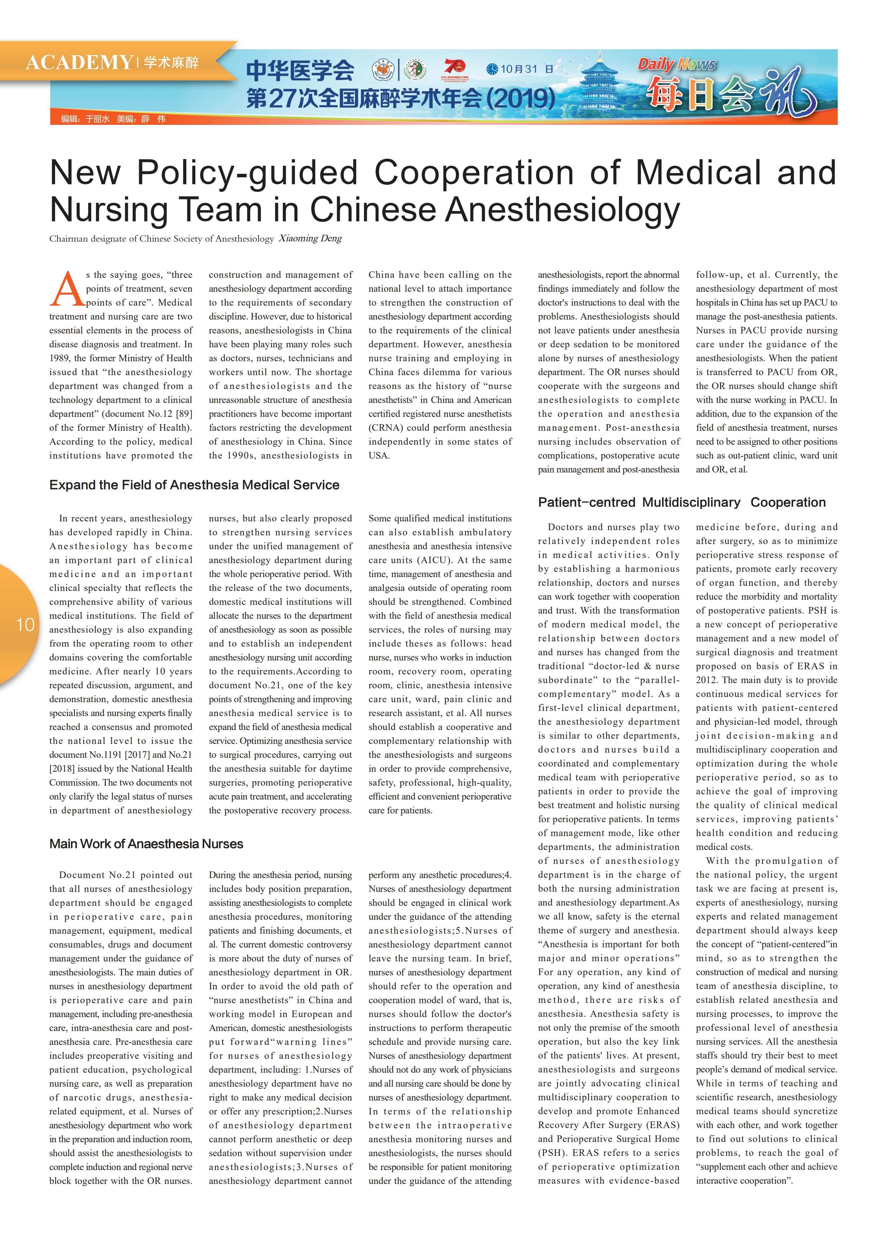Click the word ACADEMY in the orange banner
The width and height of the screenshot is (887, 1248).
79,62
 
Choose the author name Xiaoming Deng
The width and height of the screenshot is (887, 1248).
310,239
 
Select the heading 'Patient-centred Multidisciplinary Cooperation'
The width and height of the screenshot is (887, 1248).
682,502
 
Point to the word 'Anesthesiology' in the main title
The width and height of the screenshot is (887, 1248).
562,210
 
